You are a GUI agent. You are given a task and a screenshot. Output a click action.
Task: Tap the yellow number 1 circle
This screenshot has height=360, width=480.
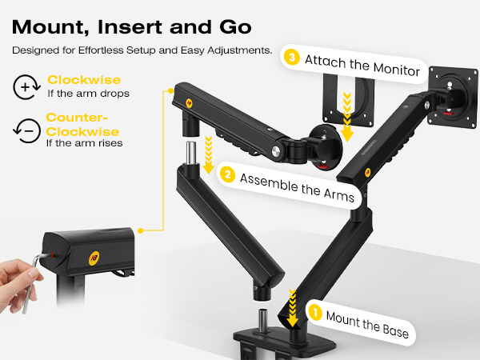pos(315,313)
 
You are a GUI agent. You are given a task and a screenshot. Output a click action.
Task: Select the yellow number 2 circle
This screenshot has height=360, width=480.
pos(228,174)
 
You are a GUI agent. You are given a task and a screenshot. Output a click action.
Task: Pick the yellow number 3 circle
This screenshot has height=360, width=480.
pos(292,58)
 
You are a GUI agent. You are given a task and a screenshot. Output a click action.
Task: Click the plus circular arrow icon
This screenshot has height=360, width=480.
pos(26,87)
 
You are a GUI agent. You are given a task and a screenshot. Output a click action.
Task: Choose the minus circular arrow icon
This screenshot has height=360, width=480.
pos(27,131)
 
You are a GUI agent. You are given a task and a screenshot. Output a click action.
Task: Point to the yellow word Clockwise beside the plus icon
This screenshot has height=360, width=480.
pos(84,80)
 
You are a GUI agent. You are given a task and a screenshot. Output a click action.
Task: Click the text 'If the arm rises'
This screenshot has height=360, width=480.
pos(85,143)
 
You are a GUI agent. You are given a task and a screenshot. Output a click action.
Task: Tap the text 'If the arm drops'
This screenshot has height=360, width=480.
pos(88,94)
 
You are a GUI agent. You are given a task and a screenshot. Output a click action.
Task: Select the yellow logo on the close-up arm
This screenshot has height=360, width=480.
pos(94,258)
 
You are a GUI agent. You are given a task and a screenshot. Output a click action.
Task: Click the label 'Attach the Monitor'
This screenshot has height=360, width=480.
pos(362,66)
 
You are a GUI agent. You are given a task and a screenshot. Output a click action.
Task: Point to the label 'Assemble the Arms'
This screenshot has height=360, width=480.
pos(297,188)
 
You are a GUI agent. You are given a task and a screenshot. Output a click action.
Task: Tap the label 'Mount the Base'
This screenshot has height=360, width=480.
pos(367,325)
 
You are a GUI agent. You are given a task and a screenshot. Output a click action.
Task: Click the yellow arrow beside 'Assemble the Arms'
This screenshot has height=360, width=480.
pos(209,155)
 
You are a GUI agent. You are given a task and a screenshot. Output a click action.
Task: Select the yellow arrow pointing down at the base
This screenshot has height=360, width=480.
pos(293,308)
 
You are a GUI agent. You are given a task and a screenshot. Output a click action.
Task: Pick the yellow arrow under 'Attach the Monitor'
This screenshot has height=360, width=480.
pos(347,117)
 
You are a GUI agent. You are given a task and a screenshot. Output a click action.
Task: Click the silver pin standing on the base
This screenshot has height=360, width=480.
pos(262,320)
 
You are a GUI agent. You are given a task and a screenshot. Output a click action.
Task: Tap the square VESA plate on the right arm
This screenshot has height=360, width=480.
pos(453,98)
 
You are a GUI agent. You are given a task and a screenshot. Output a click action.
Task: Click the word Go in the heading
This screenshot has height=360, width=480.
pos(235,27)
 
